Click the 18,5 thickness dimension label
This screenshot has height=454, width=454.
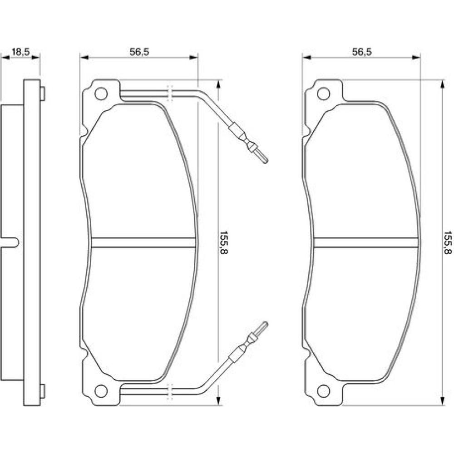20,52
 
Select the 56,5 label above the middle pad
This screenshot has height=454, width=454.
139,52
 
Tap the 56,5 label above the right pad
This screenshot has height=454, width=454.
362,52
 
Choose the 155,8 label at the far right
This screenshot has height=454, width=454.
448,242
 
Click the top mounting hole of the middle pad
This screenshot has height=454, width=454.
101,94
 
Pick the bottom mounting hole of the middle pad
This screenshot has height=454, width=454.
101,391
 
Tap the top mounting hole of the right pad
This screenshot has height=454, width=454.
323,94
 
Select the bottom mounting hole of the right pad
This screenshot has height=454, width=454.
323,391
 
